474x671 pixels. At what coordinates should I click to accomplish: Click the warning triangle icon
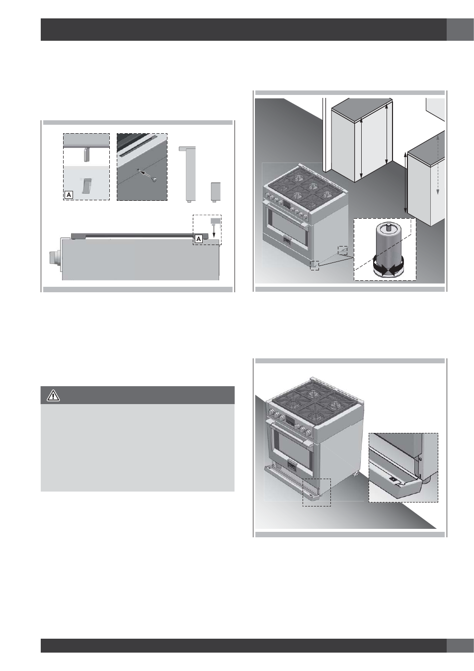coord(53,396)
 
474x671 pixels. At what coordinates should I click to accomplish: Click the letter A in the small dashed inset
coord(69,195)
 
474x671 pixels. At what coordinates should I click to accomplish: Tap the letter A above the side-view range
coord(199,239)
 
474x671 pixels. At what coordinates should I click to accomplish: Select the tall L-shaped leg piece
coord(188,174)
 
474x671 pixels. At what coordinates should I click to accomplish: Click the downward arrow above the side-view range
coord(214,231)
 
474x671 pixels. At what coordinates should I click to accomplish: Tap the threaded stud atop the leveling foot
coord(389,226)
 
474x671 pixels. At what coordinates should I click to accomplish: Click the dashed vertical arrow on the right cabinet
coord(438,164)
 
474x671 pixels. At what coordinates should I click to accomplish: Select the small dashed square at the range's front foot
coord(315,265)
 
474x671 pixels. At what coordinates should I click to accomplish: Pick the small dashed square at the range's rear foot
coord(343,251)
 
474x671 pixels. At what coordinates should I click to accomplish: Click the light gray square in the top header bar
coord(460,29)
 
